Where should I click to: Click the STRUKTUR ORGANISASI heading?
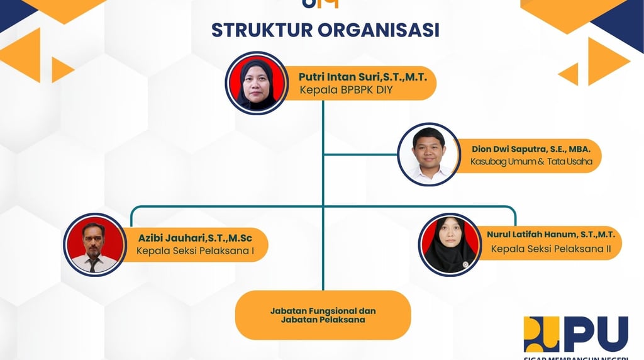click(325, 30)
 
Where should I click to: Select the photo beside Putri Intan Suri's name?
click(257, 82)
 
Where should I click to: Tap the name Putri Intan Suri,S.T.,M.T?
click(363, 77)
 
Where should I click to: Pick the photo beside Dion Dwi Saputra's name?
click(429, 154)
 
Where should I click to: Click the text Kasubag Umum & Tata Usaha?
click(531, 162)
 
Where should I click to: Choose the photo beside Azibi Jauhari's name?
click(94, 244)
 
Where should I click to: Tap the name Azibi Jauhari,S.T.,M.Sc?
click(203, 238)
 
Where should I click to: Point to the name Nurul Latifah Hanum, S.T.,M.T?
click(550, 235)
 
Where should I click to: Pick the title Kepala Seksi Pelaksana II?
click(551, 249)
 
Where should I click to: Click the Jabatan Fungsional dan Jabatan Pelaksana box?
click(323, 315)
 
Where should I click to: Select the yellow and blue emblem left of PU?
click(541, 334)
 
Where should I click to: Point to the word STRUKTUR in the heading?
click(258, 30)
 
